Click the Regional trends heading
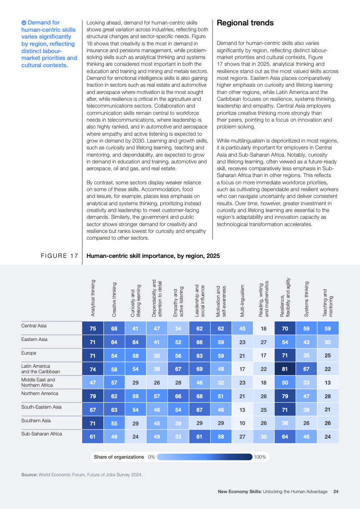245,23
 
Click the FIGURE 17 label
59,256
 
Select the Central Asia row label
34,326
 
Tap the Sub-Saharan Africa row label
42,434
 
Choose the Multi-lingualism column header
242,301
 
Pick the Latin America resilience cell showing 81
285,369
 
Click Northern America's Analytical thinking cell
93,396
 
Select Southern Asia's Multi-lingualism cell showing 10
242,423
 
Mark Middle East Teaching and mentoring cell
328,382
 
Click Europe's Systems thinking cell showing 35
306,355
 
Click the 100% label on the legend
260,457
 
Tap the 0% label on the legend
152,457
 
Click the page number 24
336,491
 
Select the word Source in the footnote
29,474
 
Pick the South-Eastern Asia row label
41,406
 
